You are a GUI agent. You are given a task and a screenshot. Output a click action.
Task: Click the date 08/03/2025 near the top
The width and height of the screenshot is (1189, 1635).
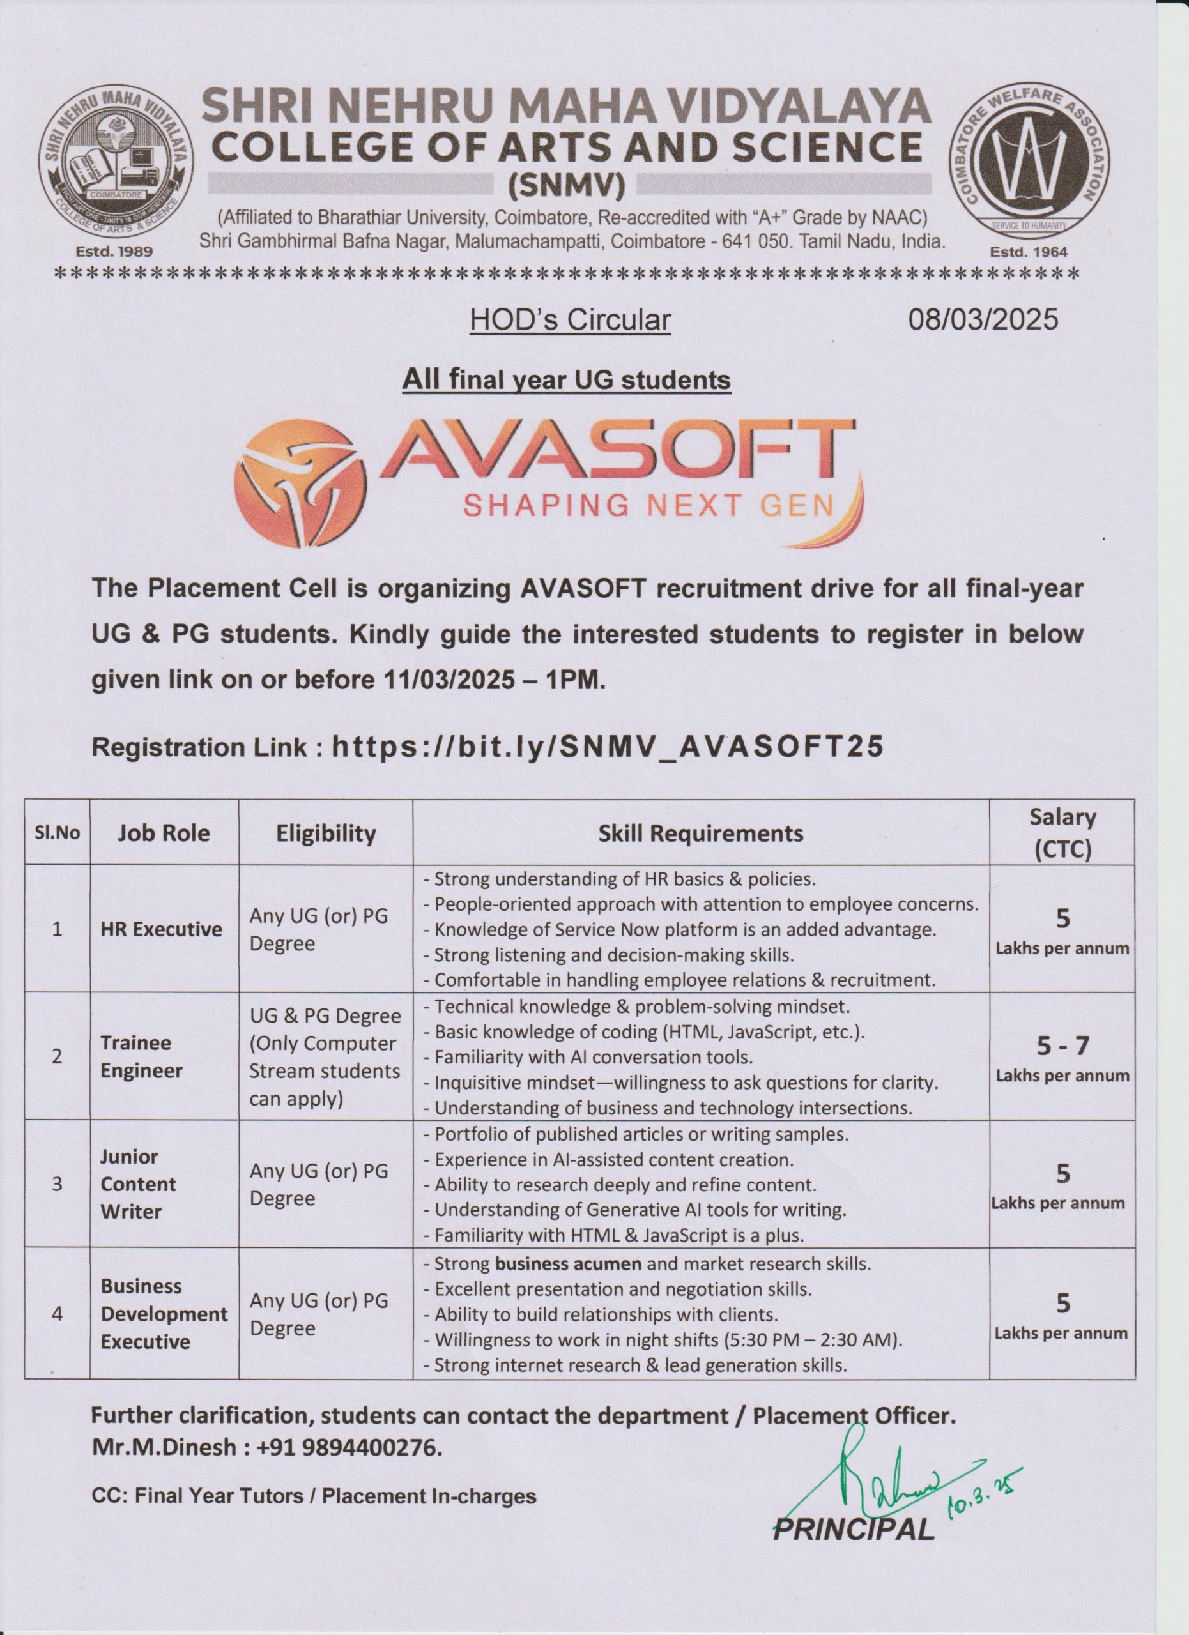coord(983,319)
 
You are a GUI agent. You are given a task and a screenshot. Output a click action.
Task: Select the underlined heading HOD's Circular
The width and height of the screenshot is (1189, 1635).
coord(570,320)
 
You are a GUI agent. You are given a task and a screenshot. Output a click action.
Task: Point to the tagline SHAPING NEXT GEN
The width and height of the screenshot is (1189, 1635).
coord(647,506)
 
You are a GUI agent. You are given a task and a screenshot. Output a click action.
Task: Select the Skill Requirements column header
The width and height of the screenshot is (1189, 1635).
coord(700,833)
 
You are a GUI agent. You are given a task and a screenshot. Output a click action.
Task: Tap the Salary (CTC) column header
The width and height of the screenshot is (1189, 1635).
coord(1061,833)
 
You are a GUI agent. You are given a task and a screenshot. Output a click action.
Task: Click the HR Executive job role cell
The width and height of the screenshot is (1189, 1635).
coord(162,929)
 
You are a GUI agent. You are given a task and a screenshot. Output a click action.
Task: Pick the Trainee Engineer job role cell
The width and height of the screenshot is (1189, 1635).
coord(141,1057)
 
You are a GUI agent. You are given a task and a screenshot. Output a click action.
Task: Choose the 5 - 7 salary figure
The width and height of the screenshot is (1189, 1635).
coord(1061,1046)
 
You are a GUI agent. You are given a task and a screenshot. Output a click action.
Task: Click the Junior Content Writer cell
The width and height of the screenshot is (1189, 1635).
coord(138,1185)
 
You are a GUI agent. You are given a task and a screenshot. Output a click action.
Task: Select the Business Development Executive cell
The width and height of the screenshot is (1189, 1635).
coord(164,1314)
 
